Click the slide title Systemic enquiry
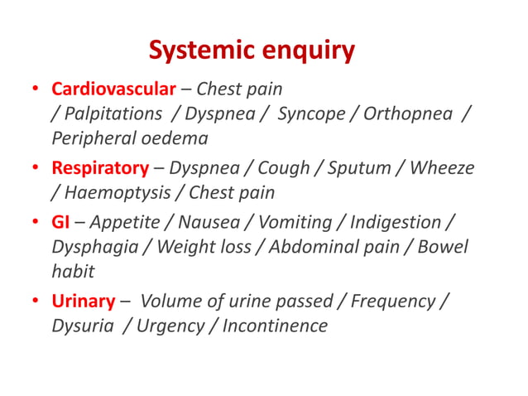pyautogui.click(x=252, y=51)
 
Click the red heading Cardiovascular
pyautogui.click(x=114, y=89)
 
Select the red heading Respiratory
pyautogui.click(x=100, y=168)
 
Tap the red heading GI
pyautogui.click(x=61, y=222)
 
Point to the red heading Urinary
pyautogui.click(x=83, y=301)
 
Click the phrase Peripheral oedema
pyautogui.click(x=130, y=138)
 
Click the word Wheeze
pyautogui.click(x=442, y=168)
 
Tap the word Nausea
pyautogui.click(x=217, y=222)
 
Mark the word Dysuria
pyautogui.click(x=82, y=326)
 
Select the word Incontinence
pyautogui.click(x=275, y=326)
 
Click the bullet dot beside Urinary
pyautogui.click(x=36, y=302)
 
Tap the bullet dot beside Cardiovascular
pyautogui.click(x=36, y=89)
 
